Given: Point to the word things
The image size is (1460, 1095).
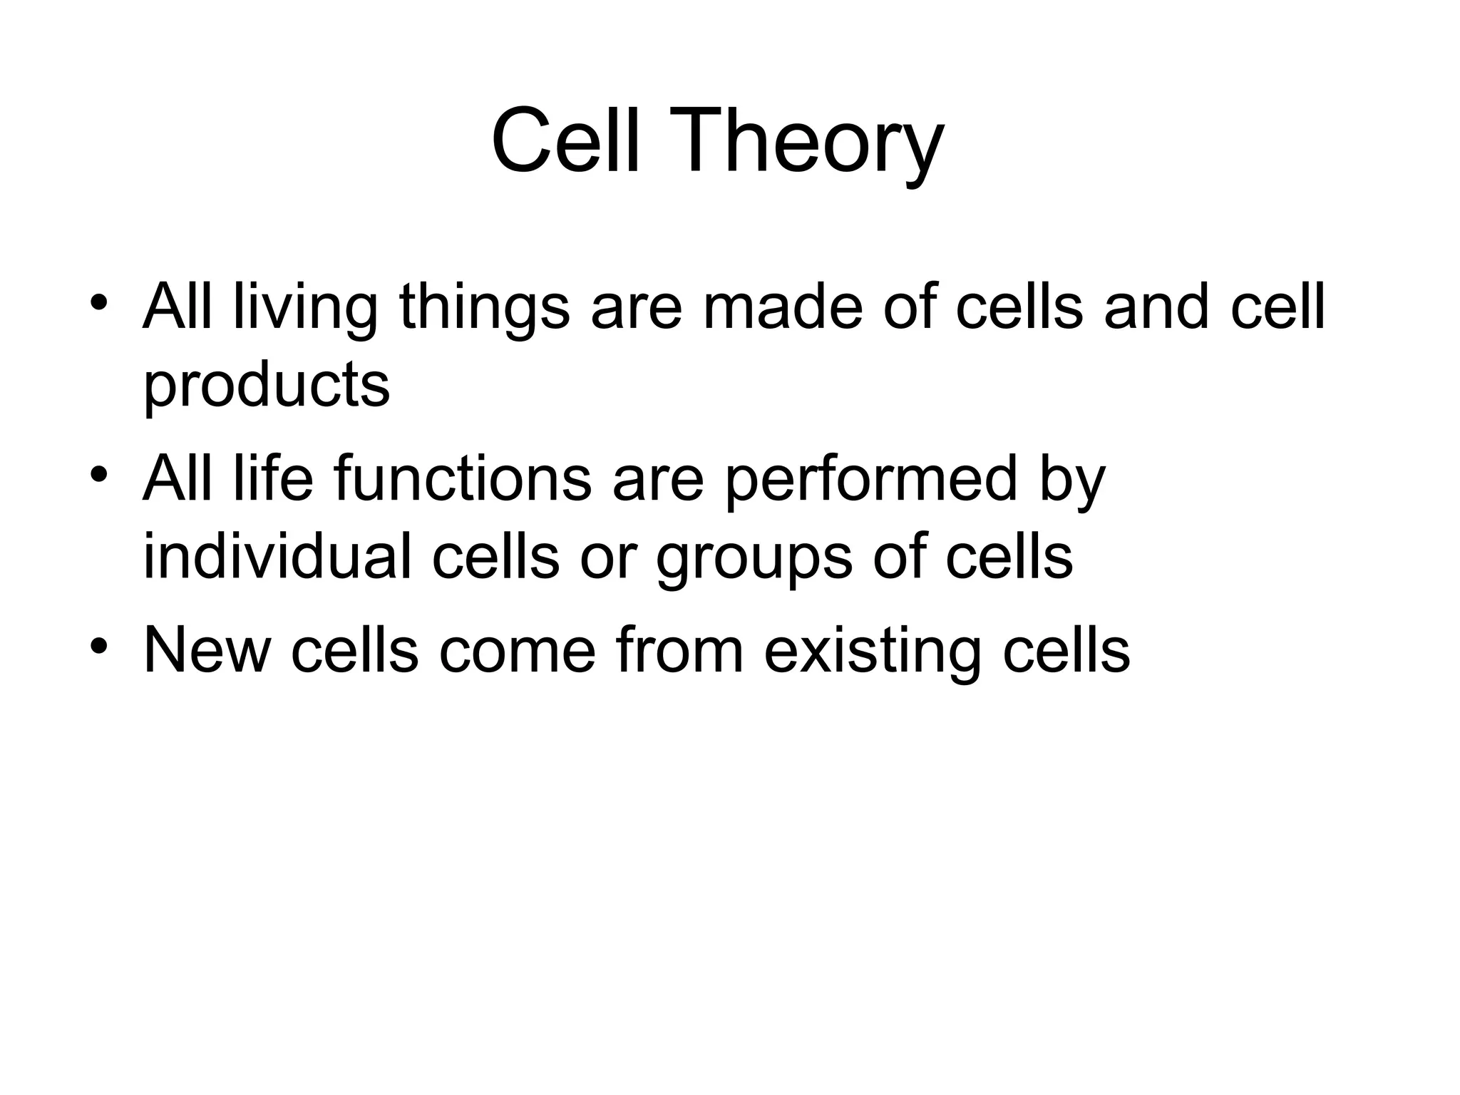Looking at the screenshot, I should [485, 309].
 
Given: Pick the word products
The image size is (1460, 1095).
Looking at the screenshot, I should [267, 386].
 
